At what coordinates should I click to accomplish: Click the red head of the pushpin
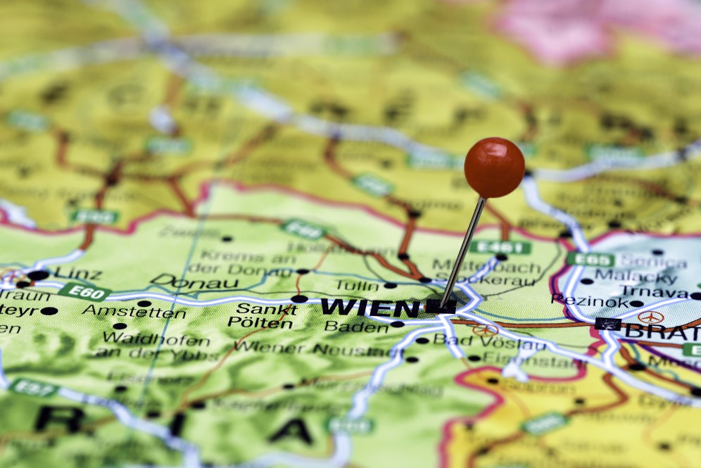pyautogui.click(x=494, y=167)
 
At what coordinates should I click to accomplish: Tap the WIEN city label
pyautogui.click(x=370, y=307)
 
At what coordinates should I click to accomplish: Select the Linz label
pyautogui.click(x=77, y=273)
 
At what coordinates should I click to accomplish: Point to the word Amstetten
pyautogui.click(x=134, y=312)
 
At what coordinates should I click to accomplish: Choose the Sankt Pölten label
pyautogui.click(x=260, y=315)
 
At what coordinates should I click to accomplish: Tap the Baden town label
pyautogui.click(x=356, y=326)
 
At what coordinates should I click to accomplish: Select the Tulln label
pyautogui.click(x=356, y=285)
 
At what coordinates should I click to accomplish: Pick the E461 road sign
pyautogui.click(x=500, y=247)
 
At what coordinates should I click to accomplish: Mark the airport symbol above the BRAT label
pyautogui.click(x=650, y=317)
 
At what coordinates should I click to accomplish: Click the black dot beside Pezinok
pyautogui.click(x=636, y=303)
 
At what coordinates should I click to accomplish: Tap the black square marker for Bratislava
pyautogui.click(x=607, y=324)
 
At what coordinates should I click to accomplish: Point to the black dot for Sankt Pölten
pyautogui.click(x=298, y=299)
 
